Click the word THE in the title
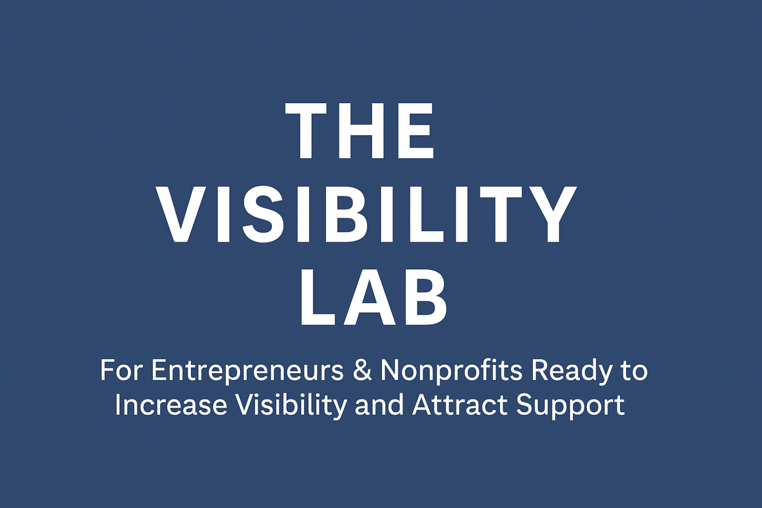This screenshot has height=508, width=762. pyautogui.click(x=360, y=130)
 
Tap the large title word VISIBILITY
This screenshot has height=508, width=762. pyautogui.click(x=366, y=214)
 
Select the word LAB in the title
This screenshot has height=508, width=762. pyautogui.click(x=373, y=297)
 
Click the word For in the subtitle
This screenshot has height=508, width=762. pyautogui.click(x=121, y=370)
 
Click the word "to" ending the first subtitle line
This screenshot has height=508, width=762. pyautogui.click(x=634, y=371)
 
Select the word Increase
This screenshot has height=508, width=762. pyautogui.click(x=171, y=405)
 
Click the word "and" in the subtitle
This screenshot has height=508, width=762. pyautogui.click(x=379, y=404)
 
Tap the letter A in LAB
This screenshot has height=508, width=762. pyautogui.click(x=370, y=297)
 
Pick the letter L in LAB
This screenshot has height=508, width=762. pyautogui.click(x=319, y=297)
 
